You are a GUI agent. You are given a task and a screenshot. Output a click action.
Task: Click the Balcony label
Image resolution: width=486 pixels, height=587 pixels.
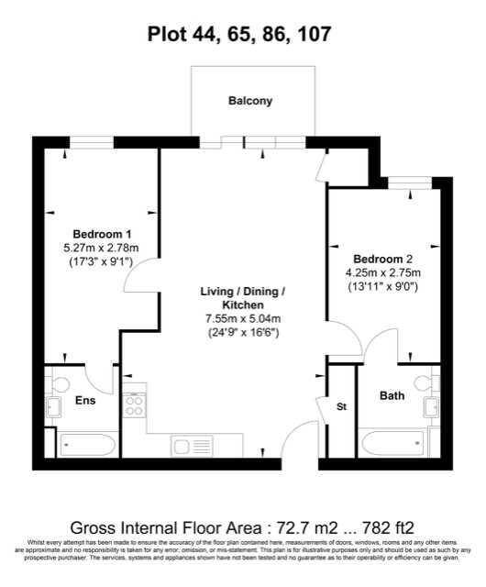click(x=249, y=101)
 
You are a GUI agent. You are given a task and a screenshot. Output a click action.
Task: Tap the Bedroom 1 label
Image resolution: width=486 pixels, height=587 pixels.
click(x=100, y=234)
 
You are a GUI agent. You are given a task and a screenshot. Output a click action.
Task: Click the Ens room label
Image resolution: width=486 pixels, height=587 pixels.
click(x=84, y=401)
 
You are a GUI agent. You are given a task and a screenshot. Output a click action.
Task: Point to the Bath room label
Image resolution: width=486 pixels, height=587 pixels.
click(x=392, y=396)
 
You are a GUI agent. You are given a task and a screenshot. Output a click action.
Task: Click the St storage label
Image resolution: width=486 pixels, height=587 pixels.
click(x=341, y=405)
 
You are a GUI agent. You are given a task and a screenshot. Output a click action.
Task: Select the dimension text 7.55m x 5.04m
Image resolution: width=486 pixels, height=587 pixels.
click(x=242, y=318)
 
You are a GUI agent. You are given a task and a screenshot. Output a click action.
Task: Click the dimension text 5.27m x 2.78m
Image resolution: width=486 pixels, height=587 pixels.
click(x=100, y=248)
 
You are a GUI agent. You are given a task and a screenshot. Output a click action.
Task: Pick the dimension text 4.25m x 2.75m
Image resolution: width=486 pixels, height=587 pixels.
click(x=383, y=272)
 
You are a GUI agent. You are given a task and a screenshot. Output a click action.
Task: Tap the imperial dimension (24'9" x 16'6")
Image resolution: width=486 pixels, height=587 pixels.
click(x=242, y=332)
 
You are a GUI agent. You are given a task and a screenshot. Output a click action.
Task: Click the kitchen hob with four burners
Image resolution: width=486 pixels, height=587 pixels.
click(x=134, y=405)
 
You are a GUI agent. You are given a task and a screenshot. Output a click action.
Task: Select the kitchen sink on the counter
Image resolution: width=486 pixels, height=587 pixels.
click(x=193, y=446)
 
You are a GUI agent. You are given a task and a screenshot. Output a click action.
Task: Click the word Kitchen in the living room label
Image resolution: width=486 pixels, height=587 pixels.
click(x=242, y=305)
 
